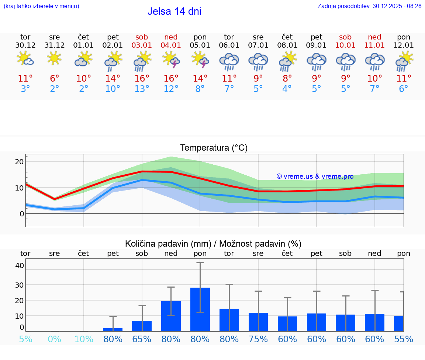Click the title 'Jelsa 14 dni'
[x=174, y=11]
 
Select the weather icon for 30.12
[x=25, y=59]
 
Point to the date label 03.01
[x=142, y=45]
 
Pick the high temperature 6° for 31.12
[x=54, y=79]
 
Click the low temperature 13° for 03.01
[x=142, y=89]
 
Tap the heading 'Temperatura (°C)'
[x=214, y=148]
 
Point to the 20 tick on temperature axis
[x=20, y=162]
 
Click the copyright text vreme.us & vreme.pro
[x=315, y=176]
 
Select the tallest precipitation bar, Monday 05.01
[x=200, y=309]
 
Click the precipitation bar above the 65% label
[x=142, y=326]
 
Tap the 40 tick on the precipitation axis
[x=20, y=265]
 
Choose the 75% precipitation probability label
[x=258, y=339]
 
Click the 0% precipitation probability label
[x=54, y=339]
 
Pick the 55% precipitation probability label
[x=404, y=339]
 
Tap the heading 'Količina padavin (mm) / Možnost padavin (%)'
[x=213, y=244]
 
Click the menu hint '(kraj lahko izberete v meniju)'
[x=41, y=6]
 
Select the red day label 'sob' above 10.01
[x=345, y=37]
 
